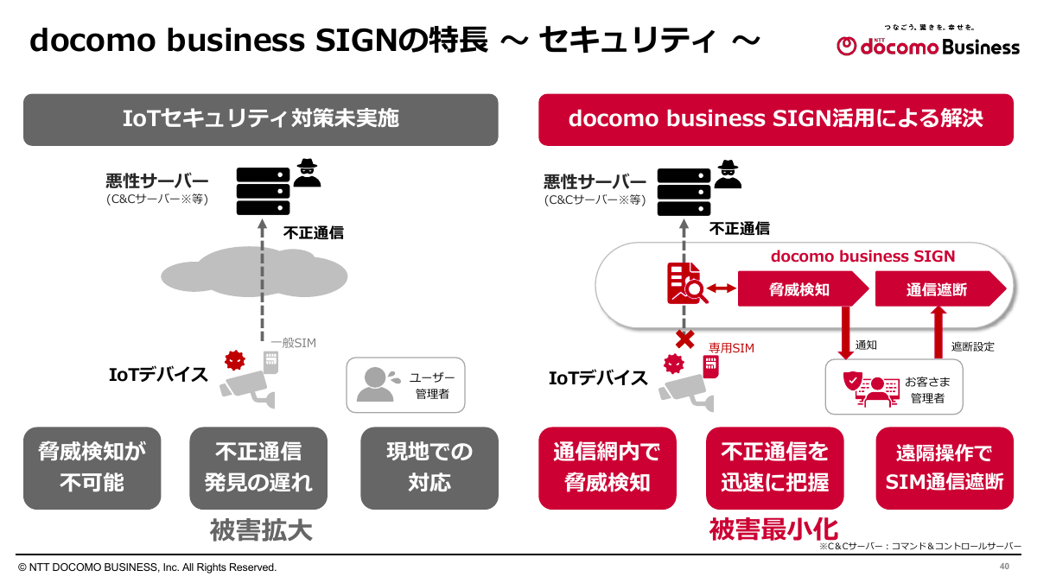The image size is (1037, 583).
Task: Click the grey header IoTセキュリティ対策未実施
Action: click(x=261, y=118)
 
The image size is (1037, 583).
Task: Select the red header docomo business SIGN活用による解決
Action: click(x=775, y=118)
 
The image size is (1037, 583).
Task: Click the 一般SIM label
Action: click(x=293, y=343)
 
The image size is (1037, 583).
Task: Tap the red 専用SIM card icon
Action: click(x=711, y=367)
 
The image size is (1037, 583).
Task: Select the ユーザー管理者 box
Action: click(x=405, y=384)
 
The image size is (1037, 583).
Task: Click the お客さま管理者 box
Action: click(x=894, y=388)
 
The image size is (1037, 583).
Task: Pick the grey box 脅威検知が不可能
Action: click(x=92, y=467)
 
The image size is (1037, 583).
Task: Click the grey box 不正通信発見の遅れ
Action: click(x=258, y=467)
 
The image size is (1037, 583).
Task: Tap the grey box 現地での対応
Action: click(x=429, y=467)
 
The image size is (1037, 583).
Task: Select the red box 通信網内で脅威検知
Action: click(x=607, y=467)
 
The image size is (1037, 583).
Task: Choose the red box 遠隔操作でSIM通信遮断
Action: click(x=945, y=467)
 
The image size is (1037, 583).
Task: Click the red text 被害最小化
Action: click(x=774, y=529)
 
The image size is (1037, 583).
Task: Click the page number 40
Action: click(x=1004, y=567)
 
